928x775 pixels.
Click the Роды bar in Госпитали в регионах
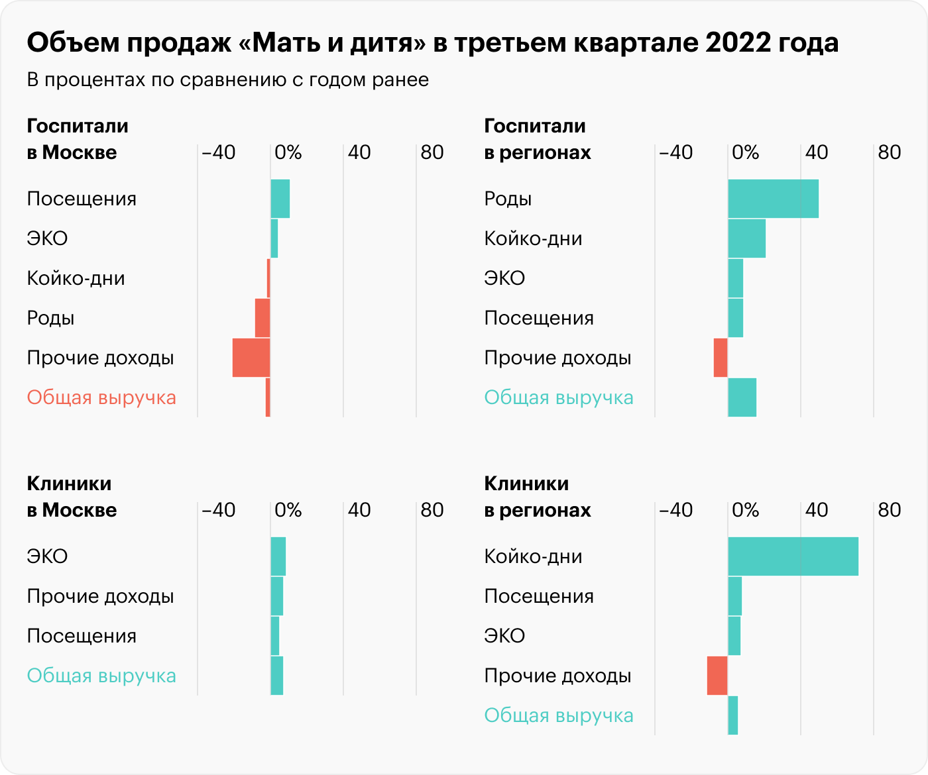(773, 199)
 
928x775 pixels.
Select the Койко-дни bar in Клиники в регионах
(793, 556)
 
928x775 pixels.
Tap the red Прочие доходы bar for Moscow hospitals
(251, 358)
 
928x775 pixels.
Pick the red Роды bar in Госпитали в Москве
(262, 318)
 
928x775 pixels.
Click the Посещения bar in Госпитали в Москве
(280, 199)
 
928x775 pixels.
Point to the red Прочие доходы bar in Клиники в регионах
(717, 676)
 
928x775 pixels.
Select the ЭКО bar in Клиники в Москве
(278, 556)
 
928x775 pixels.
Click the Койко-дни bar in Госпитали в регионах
(746, 238)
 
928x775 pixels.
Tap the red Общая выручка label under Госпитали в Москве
(101, 397)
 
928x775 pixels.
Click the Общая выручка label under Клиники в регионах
(559, 715)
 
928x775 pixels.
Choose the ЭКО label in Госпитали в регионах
(504, 278)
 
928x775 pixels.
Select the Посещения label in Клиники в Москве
(82, 636)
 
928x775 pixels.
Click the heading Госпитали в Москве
(78, 139)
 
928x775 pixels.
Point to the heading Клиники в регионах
(537, 497)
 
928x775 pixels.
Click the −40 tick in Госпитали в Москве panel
(218, 152)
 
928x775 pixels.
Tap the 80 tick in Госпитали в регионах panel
(890, 152)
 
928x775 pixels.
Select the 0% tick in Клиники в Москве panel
(288, 510)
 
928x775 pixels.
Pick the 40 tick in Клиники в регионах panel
(817, 510)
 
